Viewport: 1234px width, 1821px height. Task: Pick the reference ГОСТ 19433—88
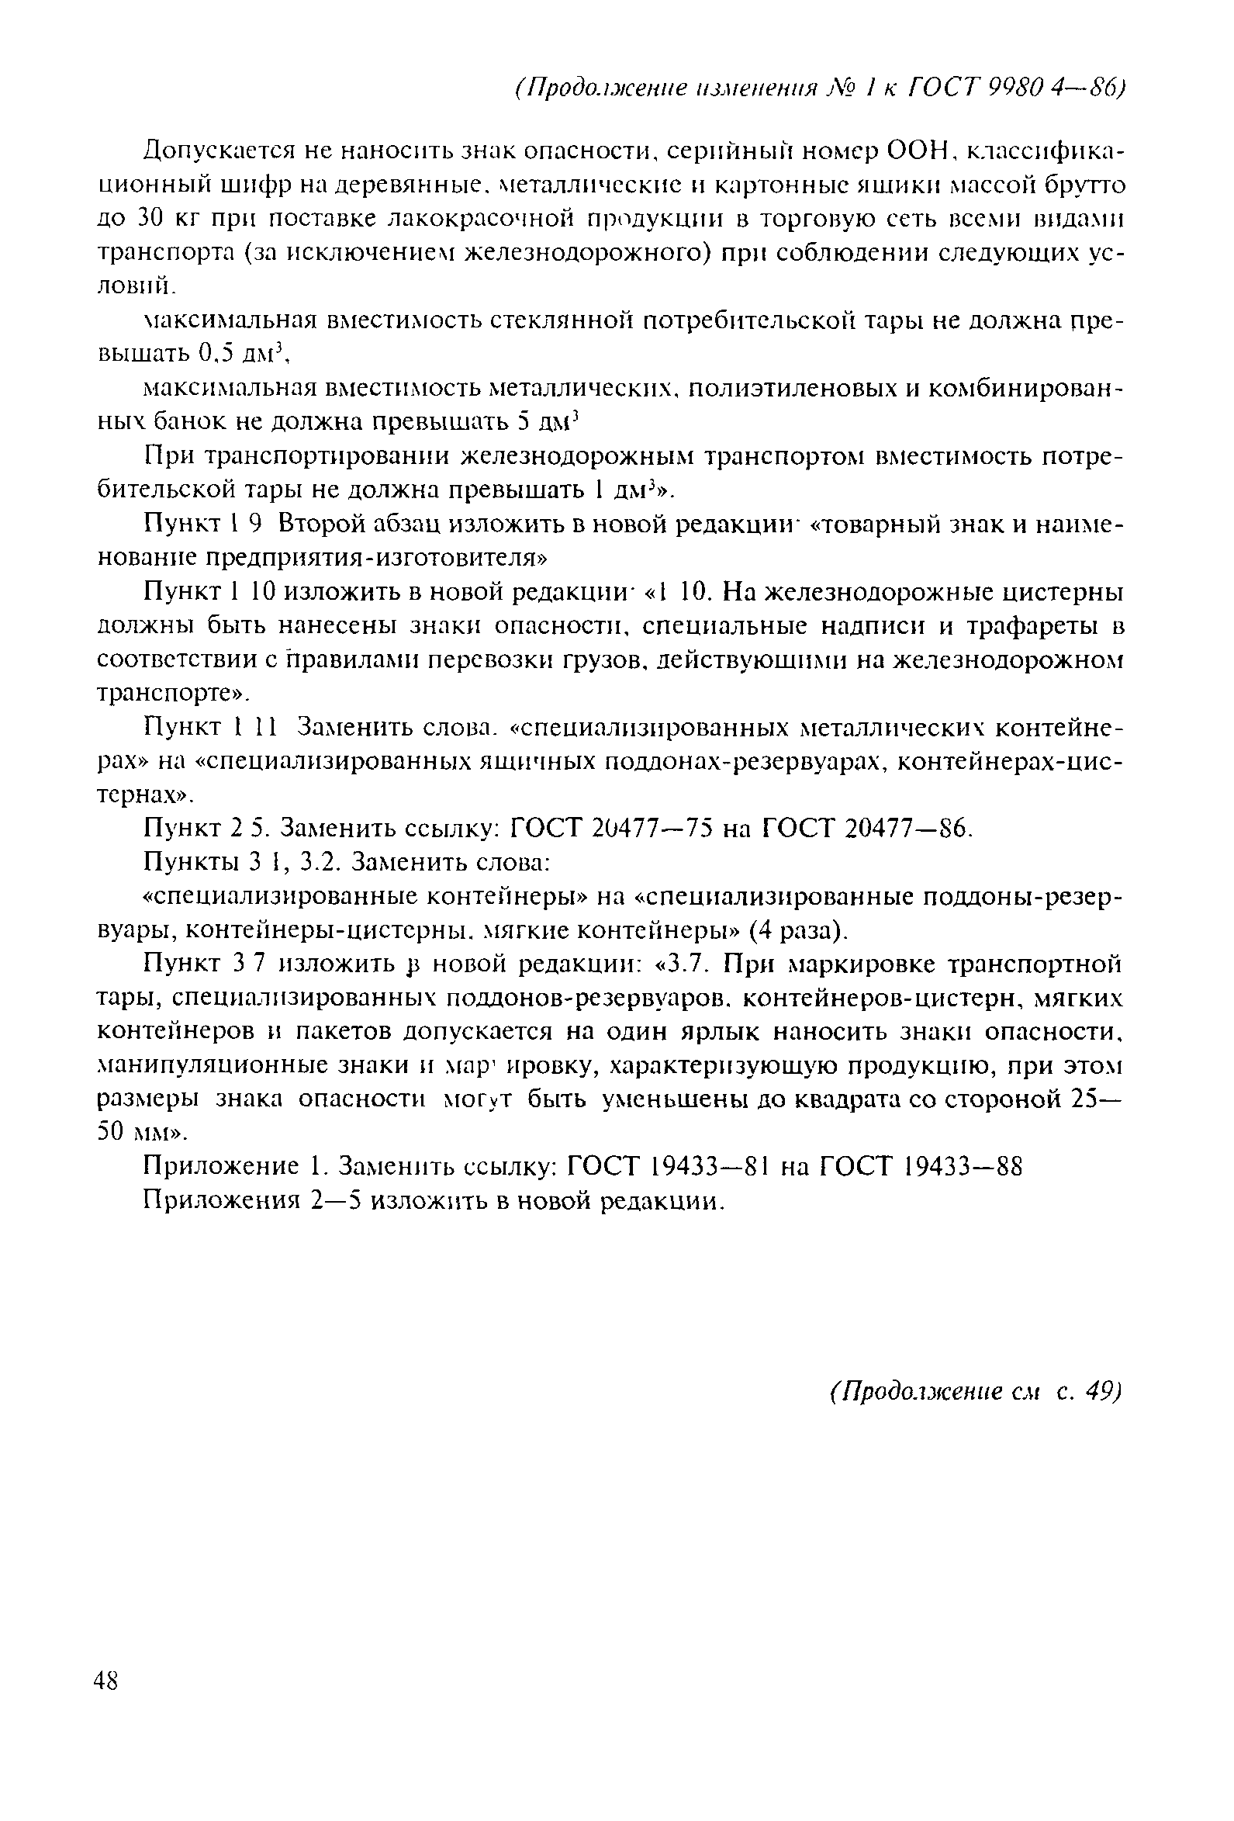click(921, 1168)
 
